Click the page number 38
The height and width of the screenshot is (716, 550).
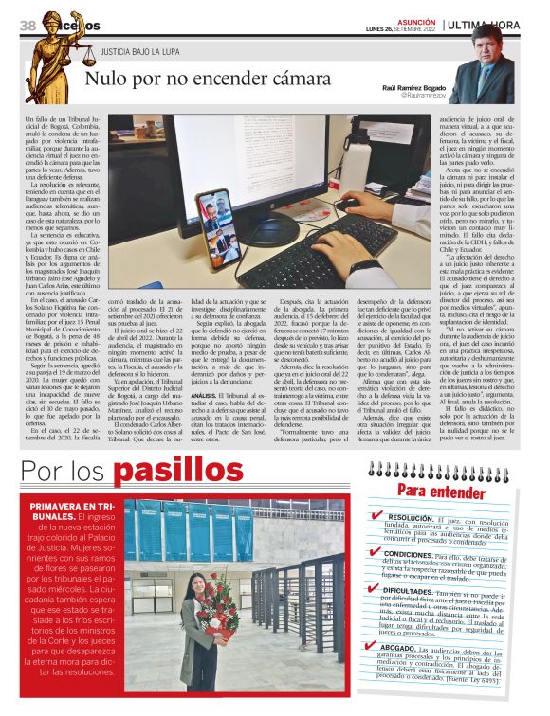[x=27, y=24]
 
